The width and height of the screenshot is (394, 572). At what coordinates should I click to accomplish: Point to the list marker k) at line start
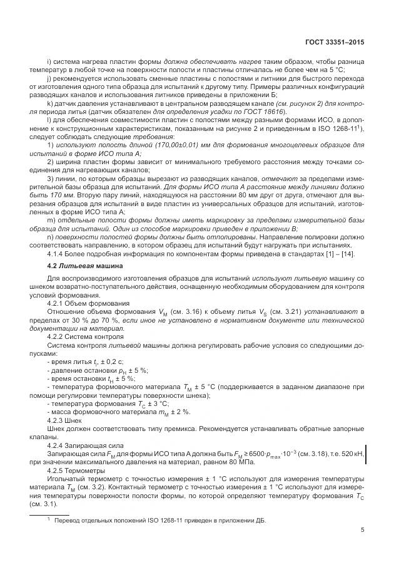coord(51,102)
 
